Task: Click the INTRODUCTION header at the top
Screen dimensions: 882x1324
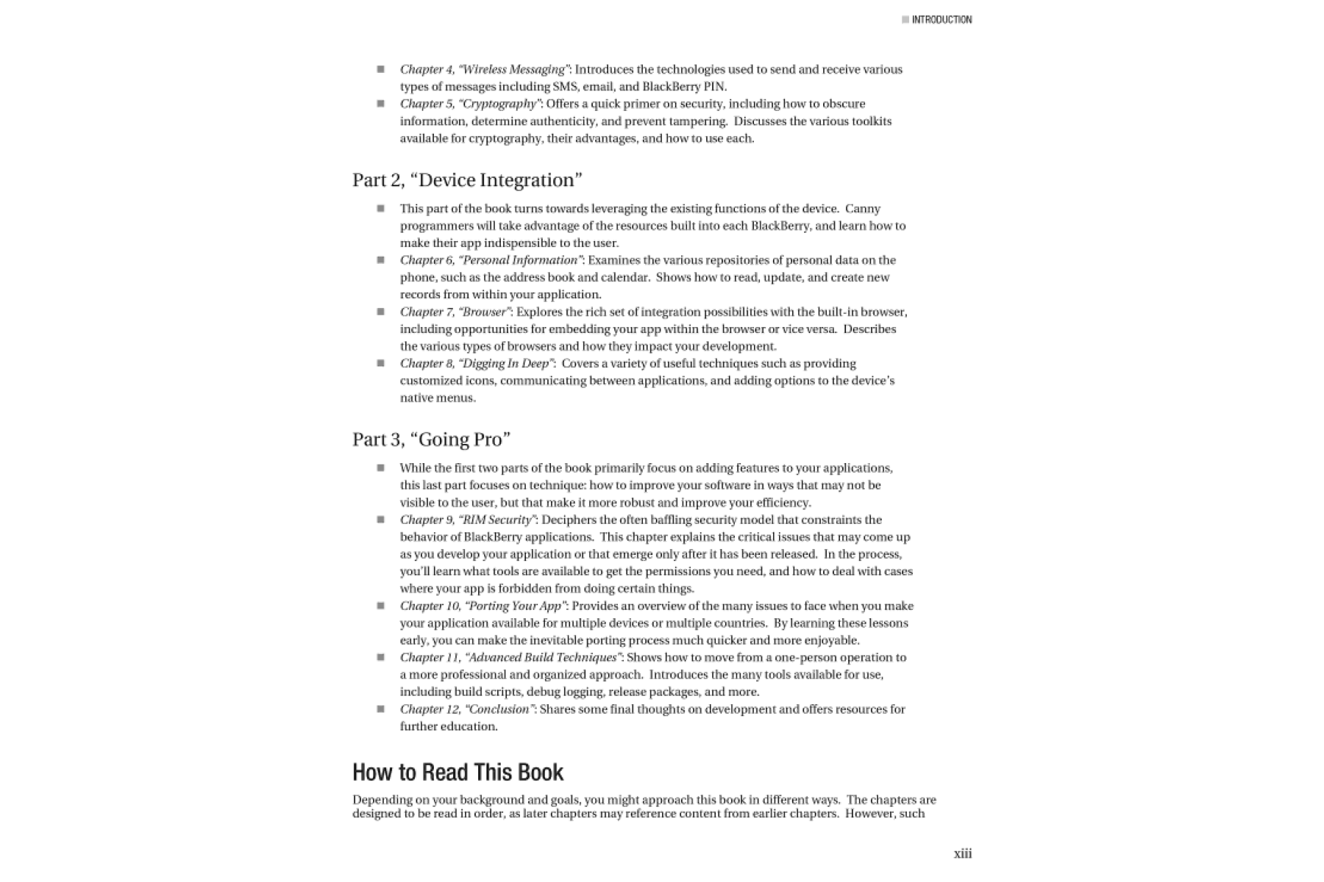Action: click(x=942, y=20)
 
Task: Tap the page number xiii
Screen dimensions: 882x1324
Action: click(x=962, y=853)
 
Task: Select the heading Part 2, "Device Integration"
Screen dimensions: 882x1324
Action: click(x=467, y=180)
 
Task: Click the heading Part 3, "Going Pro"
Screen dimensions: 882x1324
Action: click(x=431, y=440)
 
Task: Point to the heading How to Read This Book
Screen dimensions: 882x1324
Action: click(x=458, y=772)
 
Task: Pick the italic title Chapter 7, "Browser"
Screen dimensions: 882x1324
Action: click(x=455, y=312)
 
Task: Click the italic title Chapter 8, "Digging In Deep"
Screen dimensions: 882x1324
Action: click(x=477, y=364)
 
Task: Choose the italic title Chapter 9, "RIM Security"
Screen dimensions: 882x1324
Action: click(x=468, y=520)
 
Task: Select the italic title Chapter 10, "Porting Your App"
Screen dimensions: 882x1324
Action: click(x=483, y=606)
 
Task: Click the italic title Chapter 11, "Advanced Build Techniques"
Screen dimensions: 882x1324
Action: click(x=510, y=658)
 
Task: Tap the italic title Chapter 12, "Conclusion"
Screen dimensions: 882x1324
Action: click(x=467, y=709)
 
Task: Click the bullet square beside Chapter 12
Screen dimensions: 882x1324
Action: click(x=380, y=709)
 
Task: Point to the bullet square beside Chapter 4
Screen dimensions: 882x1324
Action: click(x=380, y=69)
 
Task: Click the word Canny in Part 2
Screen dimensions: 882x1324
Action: click(x=863, y=209)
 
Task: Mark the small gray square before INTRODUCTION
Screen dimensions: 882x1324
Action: click(x=905, y=20)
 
